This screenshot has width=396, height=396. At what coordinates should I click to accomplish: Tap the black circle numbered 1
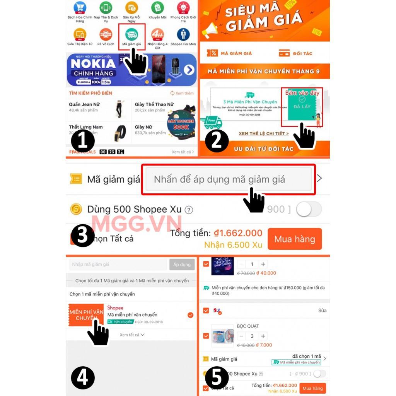click(x=83, y=141)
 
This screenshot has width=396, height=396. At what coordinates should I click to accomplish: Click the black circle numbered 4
click(x=83, y=377)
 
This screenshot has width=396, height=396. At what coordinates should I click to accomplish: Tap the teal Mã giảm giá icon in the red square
click(x=131, y=34)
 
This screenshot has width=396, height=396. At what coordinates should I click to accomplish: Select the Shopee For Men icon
click(x=183, y=34)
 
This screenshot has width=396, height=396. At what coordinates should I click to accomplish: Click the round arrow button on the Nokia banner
click(x=189, y=70)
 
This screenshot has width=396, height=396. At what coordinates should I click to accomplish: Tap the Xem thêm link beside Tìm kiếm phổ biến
click(x=182, y=93)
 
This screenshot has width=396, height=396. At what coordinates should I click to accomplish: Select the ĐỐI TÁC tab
click(x=296, y=53)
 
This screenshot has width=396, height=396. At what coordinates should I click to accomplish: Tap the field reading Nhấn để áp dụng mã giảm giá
click(x=228, y=179)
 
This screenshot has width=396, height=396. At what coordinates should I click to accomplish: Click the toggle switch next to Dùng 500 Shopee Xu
click(x=309, y=209)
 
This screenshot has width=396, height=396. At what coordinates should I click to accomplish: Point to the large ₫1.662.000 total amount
click(x=238, y=233)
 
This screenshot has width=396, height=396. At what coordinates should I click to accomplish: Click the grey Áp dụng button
click(x=182, y=265)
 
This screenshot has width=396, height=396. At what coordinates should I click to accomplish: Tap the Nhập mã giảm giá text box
click(x=118, y=265)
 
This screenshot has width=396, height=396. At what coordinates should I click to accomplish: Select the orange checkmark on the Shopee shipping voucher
click(x=190, y=315)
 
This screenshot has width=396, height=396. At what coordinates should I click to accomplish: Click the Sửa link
click(x=322, y=311)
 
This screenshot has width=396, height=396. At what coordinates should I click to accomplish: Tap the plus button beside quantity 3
click(x=263, y=336)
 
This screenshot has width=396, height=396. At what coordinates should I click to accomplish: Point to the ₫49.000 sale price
click(x=266, y=273)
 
